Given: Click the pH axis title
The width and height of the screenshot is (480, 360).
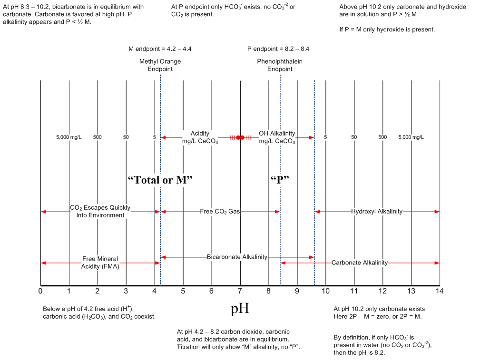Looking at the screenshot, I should (x=240, y=309).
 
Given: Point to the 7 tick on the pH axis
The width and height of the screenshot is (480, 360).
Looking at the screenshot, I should (x=240, y=290).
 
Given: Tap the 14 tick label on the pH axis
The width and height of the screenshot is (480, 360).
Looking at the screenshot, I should (x=439, y=290).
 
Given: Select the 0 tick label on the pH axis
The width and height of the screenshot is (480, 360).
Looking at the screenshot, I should (x=40, y=290).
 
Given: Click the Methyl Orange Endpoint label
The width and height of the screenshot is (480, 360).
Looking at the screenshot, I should (x=160, y=65).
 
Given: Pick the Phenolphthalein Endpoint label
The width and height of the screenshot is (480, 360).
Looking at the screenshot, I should (x=280, y=65).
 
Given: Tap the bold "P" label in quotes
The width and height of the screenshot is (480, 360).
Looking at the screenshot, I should (x=280, y=179).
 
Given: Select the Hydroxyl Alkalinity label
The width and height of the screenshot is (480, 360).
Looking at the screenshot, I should (x=377, y=211).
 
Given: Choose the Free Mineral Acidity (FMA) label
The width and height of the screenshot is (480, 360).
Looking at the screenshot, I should (x=100, y=263).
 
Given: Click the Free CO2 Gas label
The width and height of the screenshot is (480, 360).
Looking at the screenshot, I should (x=220, y=211).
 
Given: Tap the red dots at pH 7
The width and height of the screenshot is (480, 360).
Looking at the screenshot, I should (x=240, y=137).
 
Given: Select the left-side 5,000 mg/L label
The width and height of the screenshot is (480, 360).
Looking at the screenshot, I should (x=69, y=137).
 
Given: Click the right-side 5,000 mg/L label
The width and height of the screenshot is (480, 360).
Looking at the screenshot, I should (x=411, y=137).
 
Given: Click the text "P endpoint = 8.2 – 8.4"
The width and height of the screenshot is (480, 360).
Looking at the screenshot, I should (x=278, y=49).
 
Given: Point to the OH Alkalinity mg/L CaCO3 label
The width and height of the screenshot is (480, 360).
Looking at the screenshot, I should (x=277, y=137).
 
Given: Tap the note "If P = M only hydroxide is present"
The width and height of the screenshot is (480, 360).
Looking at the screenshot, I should (x=387, y=29).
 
